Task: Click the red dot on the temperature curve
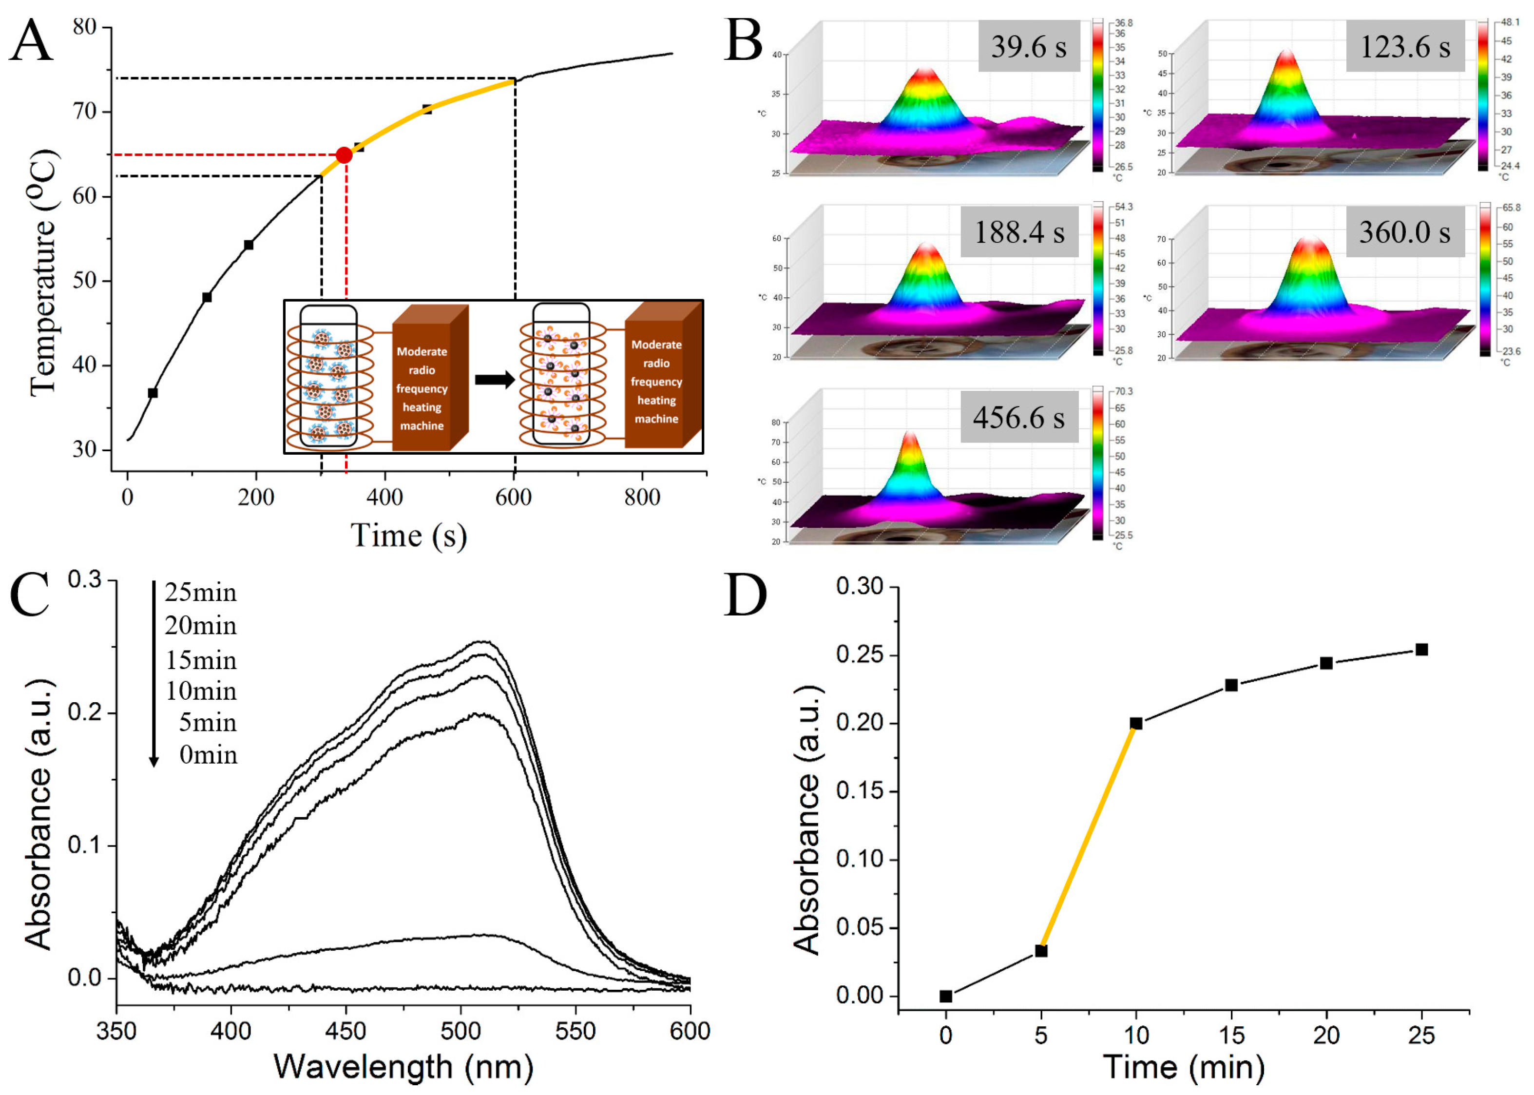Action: coord(344,155)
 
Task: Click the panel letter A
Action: coord(31,42)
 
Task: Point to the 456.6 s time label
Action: coord(1019,417)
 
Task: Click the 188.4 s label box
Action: coord(1019,232)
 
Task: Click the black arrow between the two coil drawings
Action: coord(494,380)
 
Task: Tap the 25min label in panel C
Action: coord(201,593)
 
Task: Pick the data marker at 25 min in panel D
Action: coord(1421,649)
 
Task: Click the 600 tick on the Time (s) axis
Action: coord(514,498)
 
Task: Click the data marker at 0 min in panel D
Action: coord(946,996)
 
